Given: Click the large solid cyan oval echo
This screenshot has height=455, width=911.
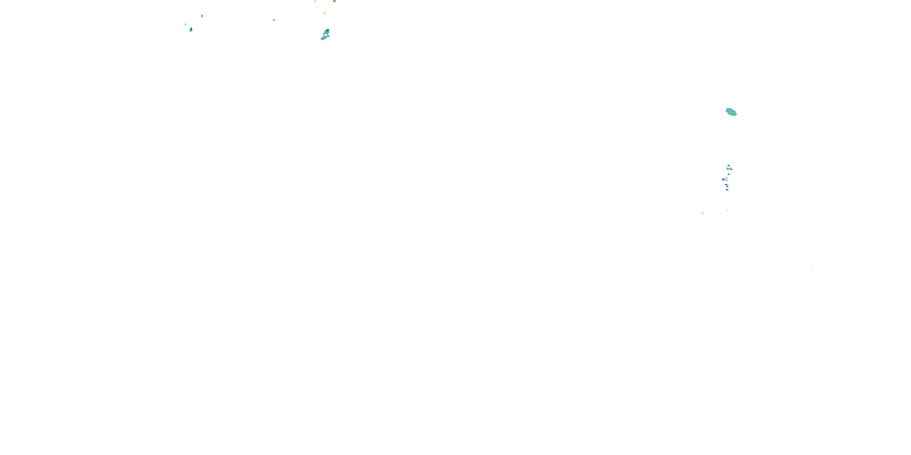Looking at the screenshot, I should pos(731,112).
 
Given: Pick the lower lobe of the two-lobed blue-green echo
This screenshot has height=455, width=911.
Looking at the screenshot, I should pos(324,37).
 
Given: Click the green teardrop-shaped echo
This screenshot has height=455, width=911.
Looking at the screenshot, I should pos(191,29).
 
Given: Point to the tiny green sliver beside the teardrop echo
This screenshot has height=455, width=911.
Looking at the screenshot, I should pos(185,24).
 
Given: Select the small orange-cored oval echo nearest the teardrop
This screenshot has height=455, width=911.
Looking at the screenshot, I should pos(202,16).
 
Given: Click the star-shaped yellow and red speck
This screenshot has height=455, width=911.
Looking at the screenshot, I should pos(274,20).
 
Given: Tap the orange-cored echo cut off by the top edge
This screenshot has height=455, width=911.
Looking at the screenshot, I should pos(334,1).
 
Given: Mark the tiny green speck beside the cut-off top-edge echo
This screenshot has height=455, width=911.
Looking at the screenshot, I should pos(315,2).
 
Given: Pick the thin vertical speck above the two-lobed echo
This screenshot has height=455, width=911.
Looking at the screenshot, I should pos(325,13).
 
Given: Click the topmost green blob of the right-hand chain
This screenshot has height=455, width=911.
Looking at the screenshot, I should pos(728,165).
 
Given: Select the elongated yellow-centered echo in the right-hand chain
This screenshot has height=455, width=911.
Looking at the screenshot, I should pos(731,169).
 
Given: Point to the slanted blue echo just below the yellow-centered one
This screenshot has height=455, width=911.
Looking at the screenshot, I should pos(728,174).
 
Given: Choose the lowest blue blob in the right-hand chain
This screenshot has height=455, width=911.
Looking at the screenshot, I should pos(727,190).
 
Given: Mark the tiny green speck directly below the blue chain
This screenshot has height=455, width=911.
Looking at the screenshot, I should pos(727,211).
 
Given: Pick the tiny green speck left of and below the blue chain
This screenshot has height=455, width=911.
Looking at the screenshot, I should pos(702,213).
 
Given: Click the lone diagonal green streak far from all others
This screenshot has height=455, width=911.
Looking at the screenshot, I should pos(811,270).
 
